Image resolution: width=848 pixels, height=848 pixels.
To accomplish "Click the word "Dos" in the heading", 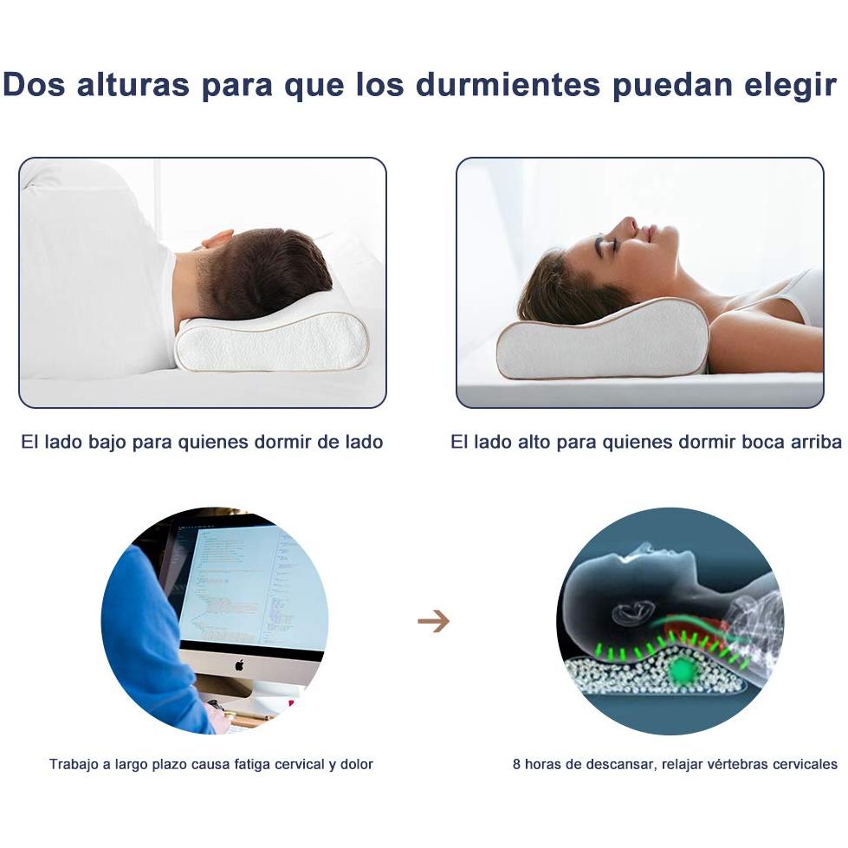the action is (33, 84).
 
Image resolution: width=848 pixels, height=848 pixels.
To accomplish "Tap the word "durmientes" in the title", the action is (508, 84).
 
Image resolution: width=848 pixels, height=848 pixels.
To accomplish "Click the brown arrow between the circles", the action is (434, 621).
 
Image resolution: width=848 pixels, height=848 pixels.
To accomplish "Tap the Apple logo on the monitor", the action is (239, 664).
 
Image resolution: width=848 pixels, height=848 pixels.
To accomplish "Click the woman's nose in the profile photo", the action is (626, 223).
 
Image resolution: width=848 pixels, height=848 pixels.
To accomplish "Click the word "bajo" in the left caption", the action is (107, 443).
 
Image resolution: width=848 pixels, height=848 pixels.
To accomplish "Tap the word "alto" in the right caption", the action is (534, 442).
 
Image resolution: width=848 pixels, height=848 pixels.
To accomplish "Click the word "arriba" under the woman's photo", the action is (816, 442).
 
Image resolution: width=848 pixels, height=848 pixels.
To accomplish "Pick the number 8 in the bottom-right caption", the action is (517, 764).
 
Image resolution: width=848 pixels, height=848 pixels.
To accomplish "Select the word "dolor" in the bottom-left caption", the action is (356, 764).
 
